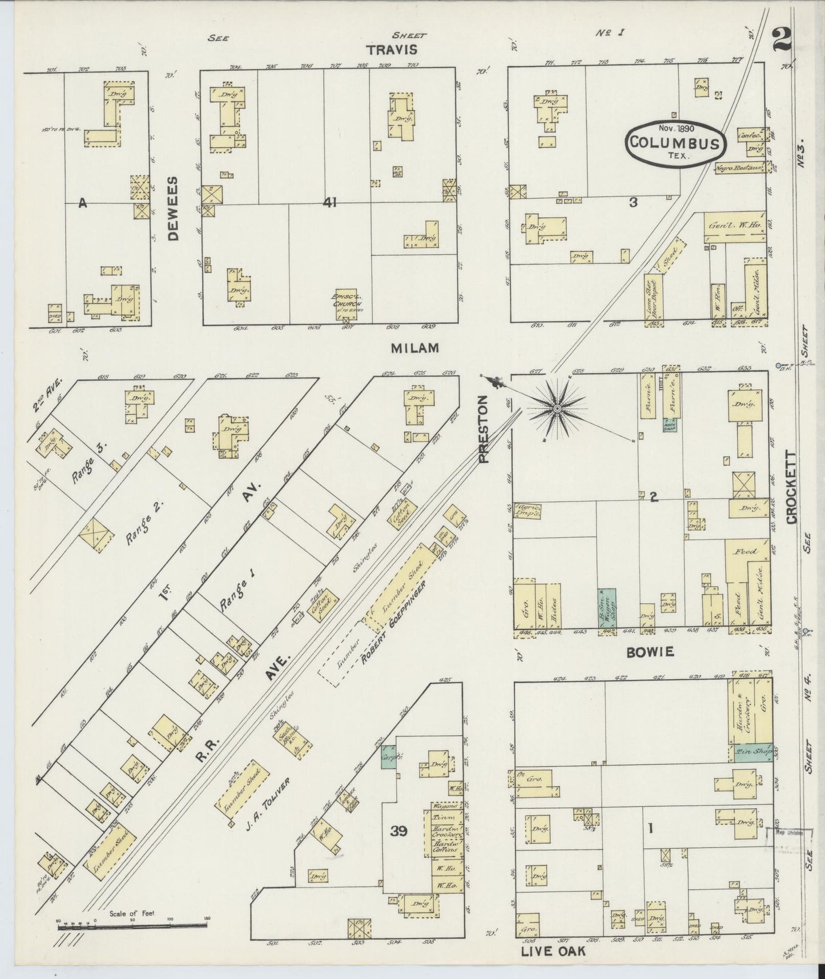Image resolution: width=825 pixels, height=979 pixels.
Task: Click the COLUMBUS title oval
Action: pos(675,143)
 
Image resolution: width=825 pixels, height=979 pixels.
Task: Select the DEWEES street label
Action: pos(174,208)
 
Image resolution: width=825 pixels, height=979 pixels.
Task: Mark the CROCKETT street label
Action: pos(791,487)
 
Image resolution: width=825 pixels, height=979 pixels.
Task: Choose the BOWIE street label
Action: pos(642,651)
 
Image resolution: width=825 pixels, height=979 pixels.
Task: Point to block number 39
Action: pos(399,832)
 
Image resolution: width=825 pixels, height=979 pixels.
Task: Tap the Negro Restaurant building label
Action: pos(739,168)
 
